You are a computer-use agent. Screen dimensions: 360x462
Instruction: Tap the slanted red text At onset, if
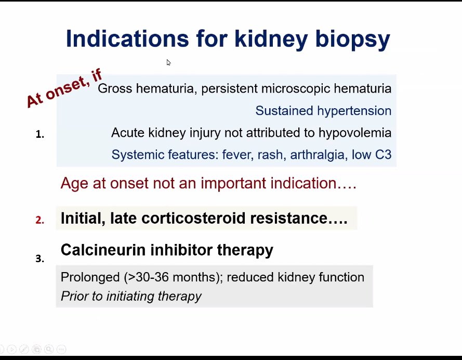point(63,89)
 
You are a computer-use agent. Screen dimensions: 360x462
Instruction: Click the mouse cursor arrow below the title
point(168,62)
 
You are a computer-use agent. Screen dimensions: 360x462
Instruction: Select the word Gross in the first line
point(112,88)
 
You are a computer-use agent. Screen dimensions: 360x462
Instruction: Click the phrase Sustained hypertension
point(323,111)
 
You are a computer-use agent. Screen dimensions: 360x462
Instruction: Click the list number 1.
point(39,135)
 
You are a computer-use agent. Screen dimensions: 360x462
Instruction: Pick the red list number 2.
point(39,220)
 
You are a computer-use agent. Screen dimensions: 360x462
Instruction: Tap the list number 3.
point(39,259)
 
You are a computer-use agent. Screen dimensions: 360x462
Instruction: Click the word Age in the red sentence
point(73,184)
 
